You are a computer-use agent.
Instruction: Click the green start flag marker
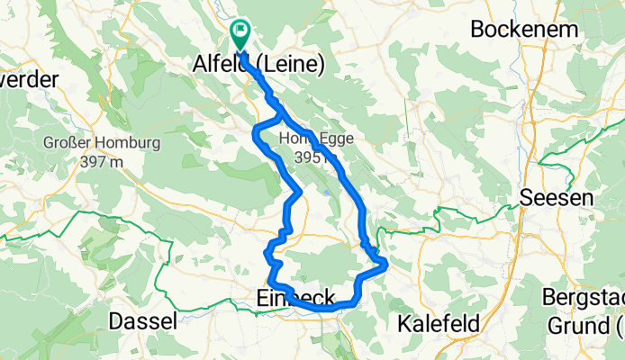(240, 34)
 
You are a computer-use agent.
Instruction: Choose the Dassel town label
(140, 321)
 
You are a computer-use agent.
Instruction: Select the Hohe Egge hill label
(312, 139)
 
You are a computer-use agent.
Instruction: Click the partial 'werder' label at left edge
(29, 79)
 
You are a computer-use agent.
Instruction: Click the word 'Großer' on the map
(65, 143)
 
